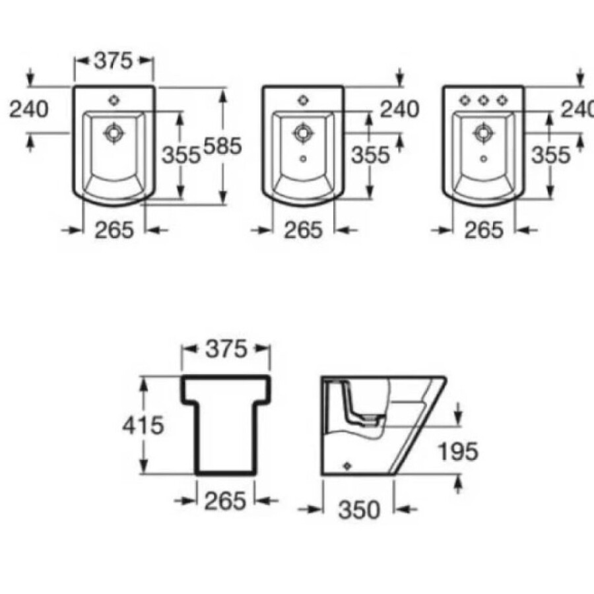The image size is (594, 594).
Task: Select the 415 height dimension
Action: pyautogui.click(x=143, y=426)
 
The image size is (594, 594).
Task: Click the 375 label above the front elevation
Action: pyautogui.click(x=225, y=348)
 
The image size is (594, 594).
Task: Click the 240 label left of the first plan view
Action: pyautogui.click(x=29, y=109)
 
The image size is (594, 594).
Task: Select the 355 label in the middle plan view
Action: pyautogui.click(x=370, y=154)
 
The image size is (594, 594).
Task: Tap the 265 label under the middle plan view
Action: pyautogui.click(x=304, y=230)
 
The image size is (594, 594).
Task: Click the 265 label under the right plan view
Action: pyautogui.click(x=484, y=230)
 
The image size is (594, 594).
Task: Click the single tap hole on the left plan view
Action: pyautogui.click(x=114, y=100)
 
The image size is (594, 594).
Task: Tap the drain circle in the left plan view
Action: pyautogui.click(x=114, y=132)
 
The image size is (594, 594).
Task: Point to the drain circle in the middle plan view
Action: pyautogui.click(x=304, y=133)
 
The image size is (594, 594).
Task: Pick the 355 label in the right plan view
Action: pyautogui.click(x=550, y=154)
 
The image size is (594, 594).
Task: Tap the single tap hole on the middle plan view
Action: pyautogui.click(x=304, y=100)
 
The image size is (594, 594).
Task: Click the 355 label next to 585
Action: pyautogui.click(x=181, y=154)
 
